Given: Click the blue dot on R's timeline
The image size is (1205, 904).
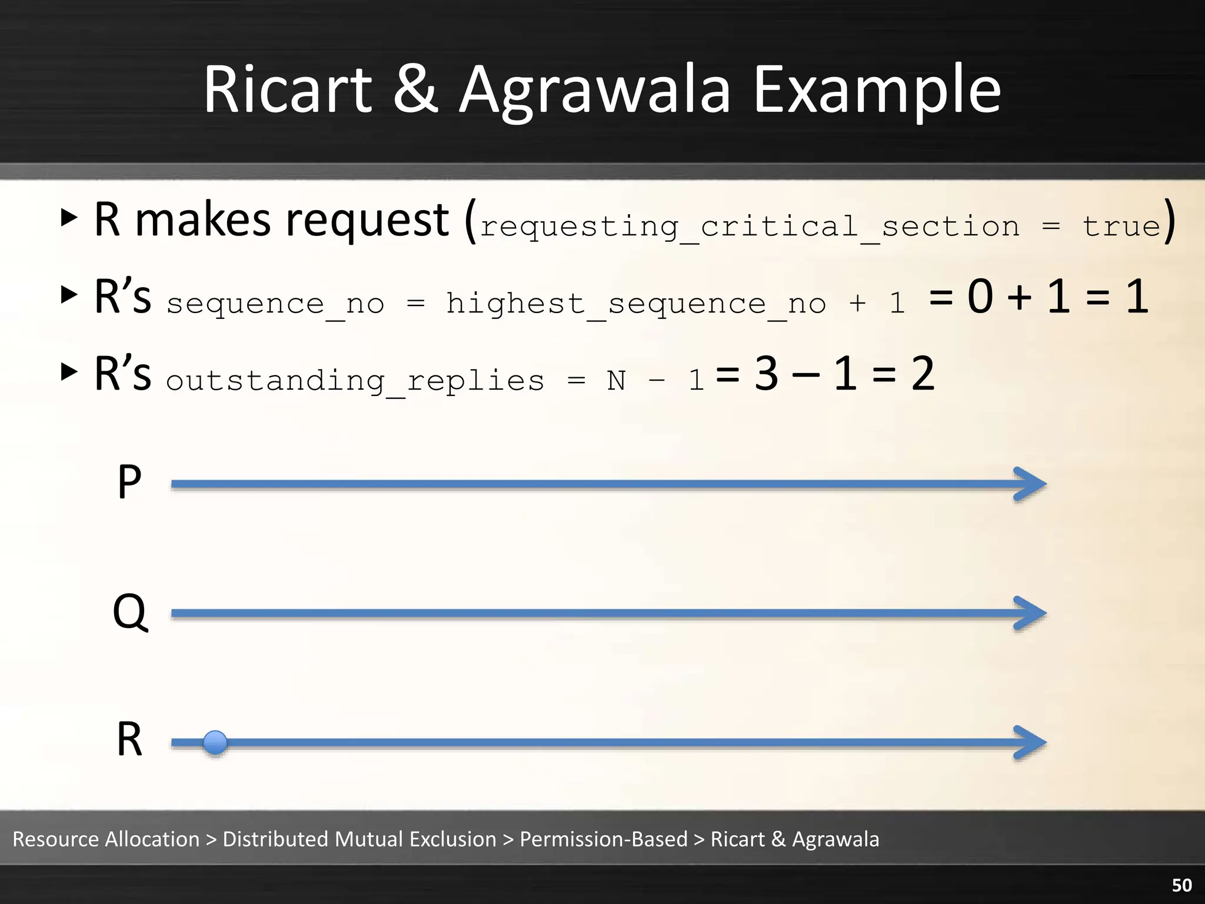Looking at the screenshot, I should coord(215,742).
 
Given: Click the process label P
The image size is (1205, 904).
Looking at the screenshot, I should coord(129,482).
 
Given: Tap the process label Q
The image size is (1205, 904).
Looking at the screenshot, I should coord(130,612).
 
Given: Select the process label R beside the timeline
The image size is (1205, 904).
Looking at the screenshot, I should coord(129,740).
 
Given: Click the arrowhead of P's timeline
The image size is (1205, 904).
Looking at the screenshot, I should coord(1031,484).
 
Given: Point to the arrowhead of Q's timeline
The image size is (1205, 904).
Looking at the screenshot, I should coord(1031,613).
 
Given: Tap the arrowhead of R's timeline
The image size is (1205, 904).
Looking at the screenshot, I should coord(1031,743).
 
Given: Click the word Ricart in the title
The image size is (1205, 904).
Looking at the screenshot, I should coord(288,90).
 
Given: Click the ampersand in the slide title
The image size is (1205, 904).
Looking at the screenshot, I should coord(415,90).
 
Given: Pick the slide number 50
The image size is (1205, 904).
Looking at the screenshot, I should coord(1181,885).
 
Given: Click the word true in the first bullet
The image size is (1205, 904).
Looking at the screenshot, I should coord(1121,227).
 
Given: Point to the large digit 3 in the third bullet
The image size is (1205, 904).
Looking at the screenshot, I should coord(767,373).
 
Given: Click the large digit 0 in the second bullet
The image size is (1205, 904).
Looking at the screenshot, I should coord(980,296).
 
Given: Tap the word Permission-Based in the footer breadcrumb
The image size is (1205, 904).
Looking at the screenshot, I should coord(603,839).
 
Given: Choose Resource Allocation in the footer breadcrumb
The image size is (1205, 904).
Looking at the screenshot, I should coord(106,839).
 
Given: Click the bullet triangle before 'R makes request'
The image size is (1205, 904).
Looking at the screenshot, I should coord(69,217).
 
